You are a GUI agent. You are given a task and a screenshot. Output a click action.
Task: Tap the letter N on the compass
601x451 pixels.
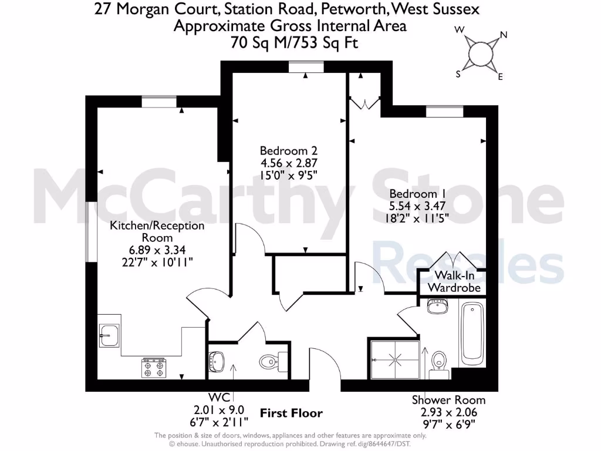(503, 35)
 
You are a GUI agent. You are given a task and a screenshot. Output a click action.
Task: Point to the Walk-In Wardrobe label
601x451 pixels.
(454, 282)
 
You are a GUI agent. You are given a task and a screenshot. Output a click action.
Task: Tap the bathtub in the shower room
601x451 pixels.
(472, 333)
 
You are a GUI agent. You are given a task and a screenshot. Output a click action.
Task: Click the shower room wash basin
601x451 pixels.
(437, 307)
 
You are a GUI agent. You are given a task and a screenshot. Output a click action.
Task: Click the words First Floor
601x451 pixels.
(292, 413)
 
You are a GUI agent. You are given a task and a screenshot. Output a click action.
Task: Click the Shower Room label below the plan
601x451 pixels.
(448, 400)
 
